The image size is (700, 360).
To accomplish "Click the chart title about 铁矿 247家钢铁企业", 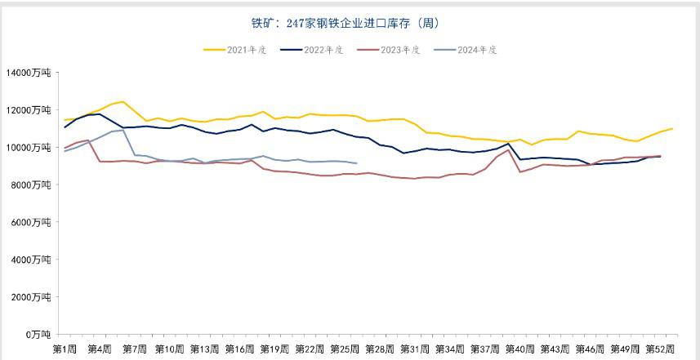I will click(x=350, y=23).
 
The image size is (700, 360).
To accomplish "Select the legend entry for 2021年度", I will click(x=246, y=50).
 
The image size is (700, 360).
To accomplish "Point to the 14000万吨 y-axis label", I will click(x=29, y=73).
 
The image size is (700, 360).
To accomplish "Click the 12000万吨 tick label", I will click(x=29, y=110).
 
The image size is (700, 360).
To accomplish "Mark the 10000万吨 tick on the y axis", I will click(x=29, y=148).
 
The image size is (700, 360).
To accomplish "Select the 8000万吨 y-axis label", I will click(x=30, y=184).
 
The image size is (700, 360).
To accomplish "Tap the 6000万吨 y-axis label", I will click(x=30, y=222).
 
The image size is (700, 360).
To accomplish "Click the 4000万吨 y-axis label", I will click(x=30, y=260).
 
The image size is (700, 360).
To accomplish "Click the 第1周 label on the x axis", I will click(x=65, y=349).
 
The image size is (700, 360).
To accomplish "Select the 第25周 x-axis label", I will click(x=345, y=349).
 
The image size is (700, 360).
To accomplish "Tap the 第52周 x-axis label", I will click(x=660, y=349).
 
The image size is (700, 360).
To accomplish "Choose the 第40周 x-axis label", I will click(x=520, y=349).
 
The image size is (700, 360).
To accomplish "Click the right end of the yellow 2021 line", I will click(x=672, y=128).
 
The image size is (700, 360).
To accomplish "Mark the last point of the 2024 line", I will click(x=356, y=163).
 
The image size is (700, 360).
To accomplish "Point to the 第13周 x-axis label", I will click(x=204, y=349).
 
